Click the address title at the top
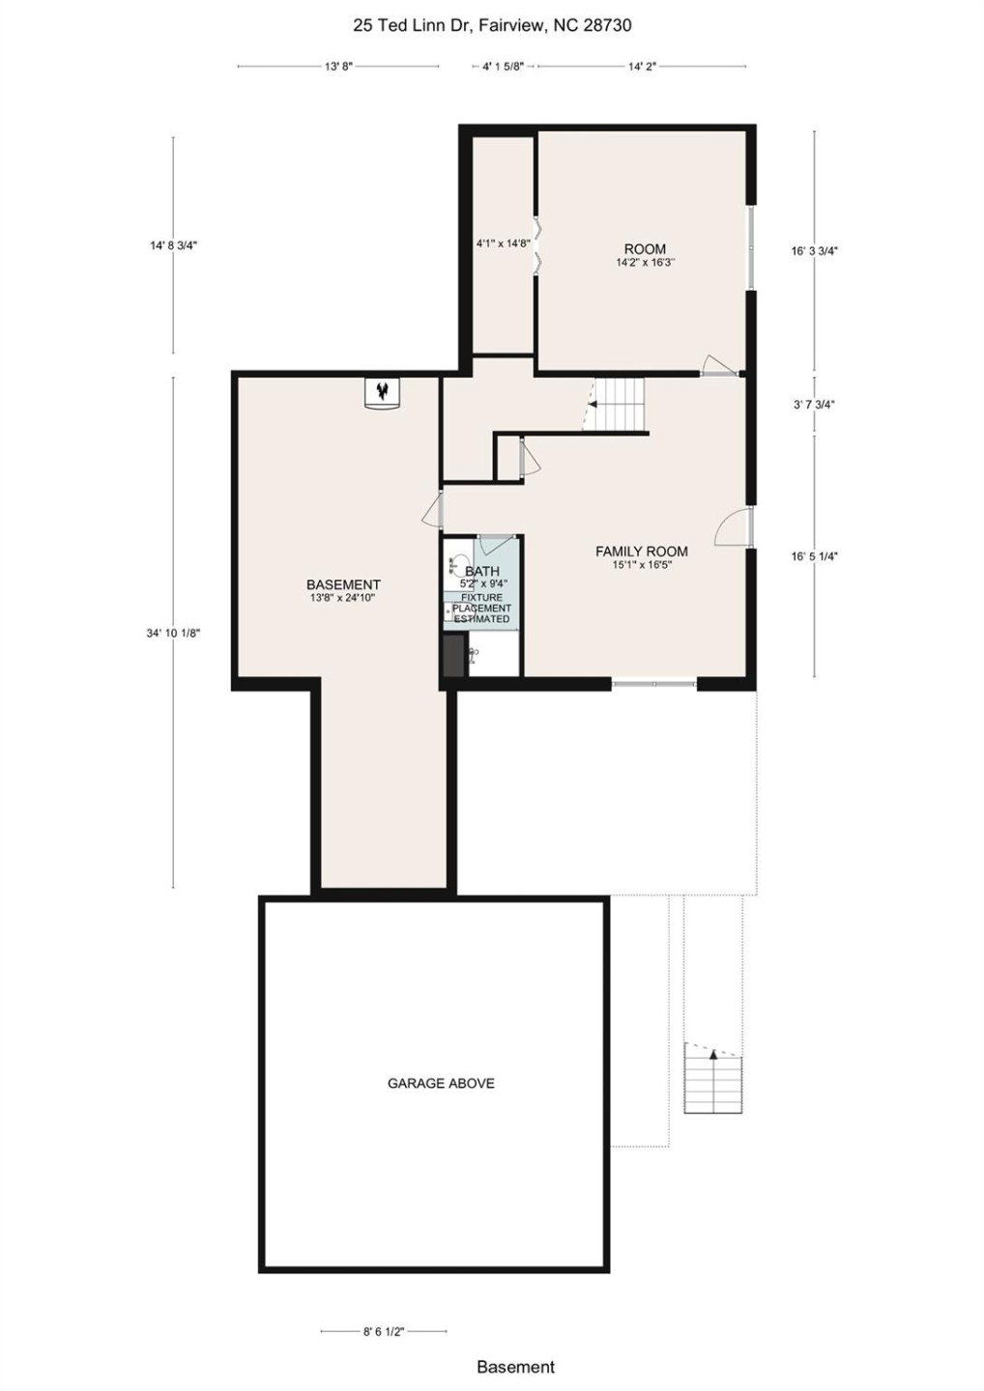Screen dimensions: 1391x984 [492, 26]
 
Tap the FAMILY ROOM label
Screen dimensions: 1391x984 [641, 552]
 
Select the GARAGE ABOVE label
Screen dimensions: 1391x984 [441, 1084]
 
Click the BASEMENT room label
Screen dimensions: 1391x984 [343, 584]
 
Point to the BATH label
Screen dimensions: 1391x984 [482, 572]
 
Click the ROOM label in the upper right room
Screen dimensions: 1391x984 [645, 249]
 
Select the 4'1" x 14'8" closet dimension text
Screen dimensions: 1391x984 [503, 243]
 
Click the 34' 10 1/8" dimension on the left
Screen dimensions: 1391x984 [173, 633]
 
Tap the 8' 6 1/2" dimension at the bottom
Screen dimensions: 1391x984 [384, 1331]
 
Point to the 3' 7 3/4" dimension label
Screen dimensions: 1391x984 [814, 405]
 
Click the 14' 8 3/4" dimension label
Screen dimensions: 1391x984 [173, 245]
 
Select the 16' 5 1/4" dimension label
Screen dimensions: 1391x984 [814, 556]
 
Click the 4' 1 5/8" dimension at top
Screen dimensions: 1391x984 [503, 67]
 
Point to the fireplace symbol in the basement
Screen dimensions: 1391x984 [384, 392]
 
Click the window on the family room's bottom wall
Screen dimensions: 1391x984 [653, 684]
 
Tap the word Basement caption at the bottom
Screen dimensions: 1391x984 [515, 1367]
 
